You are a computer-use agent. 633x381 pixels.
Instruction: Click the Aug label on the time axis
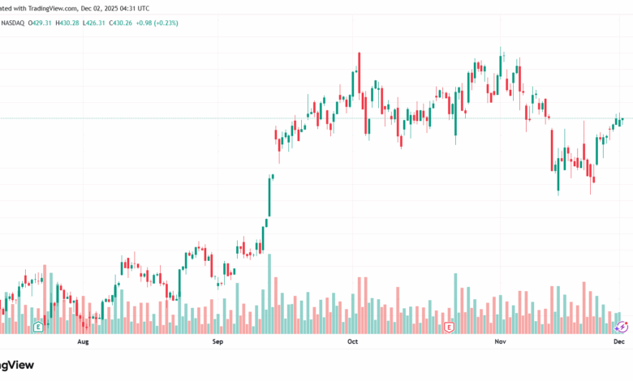click(82, 343)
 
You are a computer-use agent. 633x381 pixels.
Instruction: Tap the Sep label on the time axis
click(217, 343)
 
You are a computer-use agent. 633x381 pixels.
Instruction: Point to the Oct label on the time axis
click(352, 343)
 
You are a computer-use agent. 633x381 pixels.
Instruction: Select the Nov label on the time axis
click(500, 343)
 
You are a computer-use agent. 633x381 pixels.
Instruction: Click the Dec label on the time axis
click(618, 343)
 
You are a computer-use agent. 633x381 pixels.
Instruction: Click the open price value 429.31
click(40, 23)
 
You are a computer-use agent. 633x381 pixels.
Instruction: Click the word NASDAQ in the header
click(12, 23)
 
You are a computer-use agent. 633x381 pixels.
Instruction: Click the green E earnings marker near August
click(38, 327)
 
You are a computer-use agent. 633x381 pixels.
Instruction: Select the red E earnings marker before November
click(449, 327)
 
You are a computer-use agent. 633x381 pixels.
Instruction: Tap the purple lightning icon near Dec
click(622, 327)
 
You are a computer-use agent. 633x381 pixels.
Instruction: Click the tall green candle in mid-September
click(269, 198)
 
